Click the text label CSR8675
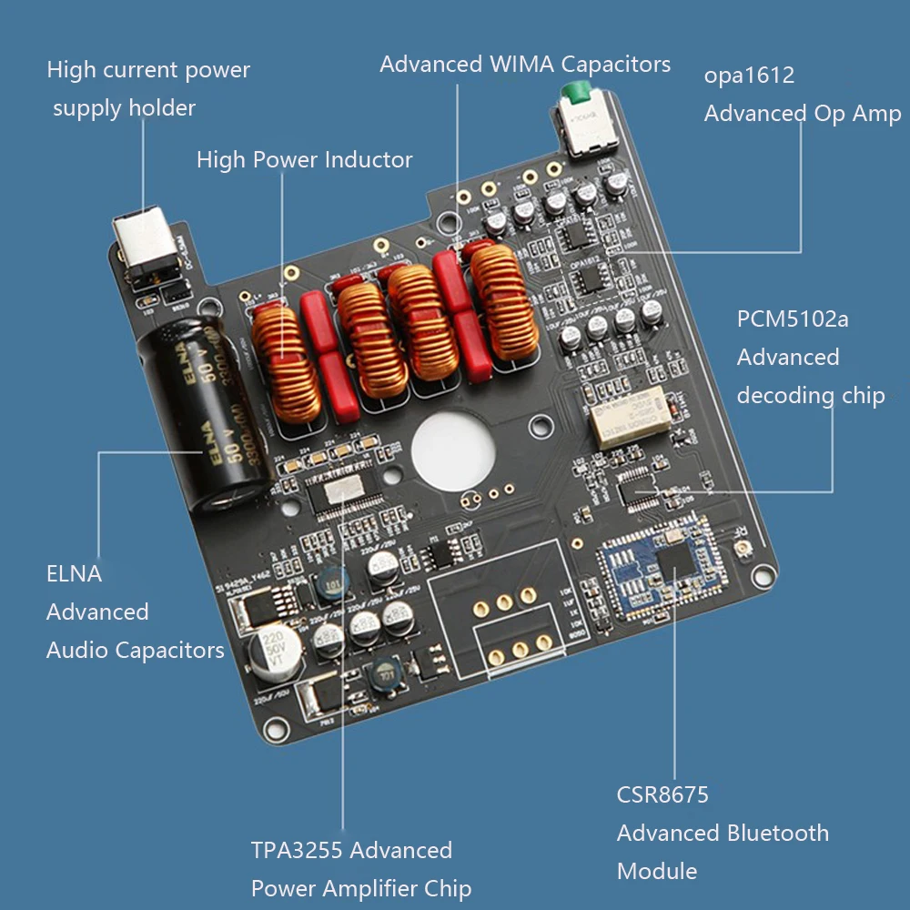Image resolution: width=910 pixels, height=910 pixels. (x=662, y=795)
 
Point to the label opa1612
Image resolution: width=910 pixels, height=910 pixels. (x=749, y=76)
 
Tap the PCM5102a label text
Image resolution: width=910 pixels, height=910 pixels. (x=793, y=319)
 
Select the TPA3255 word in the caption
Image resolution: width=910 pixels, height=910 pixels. (x=297, y=851)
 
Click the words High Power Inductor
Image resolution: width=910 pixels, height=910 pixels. (x=304, y=160)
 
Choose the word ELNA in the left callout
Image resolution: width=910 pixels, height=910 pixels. (x=74, y=574)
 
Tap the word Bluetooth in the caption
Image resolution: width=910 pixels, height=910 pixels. (x=776, y=834)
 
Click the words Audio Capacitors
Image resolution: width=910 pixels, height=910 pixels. (x=135, y=651)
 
